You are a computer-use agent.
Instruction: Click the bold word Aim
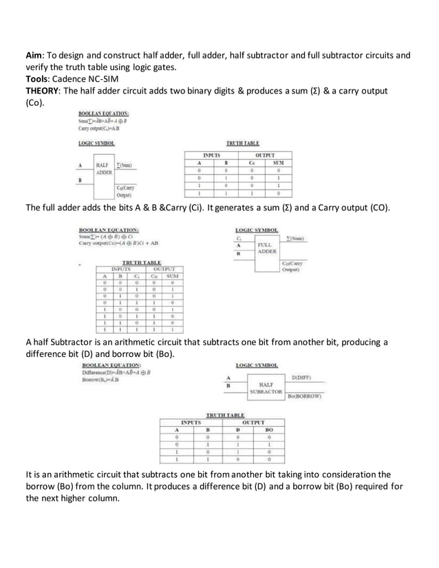click(34, 55)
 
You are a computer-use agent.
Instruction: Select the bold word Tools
click(39, 78)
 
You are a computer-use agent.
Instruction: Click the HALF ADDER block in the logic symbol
click(104, 168)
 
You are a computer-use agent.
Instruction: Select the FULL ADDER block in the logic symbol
click(266, 248)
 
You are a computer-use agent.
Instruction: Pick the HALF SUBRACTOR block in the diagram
click(265, 387)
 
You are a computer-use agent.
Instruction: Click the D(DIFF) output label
click(301, 378)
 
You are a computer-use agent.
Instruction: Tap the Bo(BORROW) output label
click(304, 396)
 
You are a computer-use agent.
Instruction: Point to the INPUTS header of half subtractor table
click(191, 422)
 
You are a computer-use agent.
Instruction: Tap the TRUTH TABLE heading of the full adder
click(140, 263)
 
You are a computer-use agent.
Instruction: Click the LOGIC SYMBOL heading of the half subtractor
click(257, 364)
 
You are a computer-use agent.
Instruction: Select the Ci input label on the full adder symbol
click(239, 238)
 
